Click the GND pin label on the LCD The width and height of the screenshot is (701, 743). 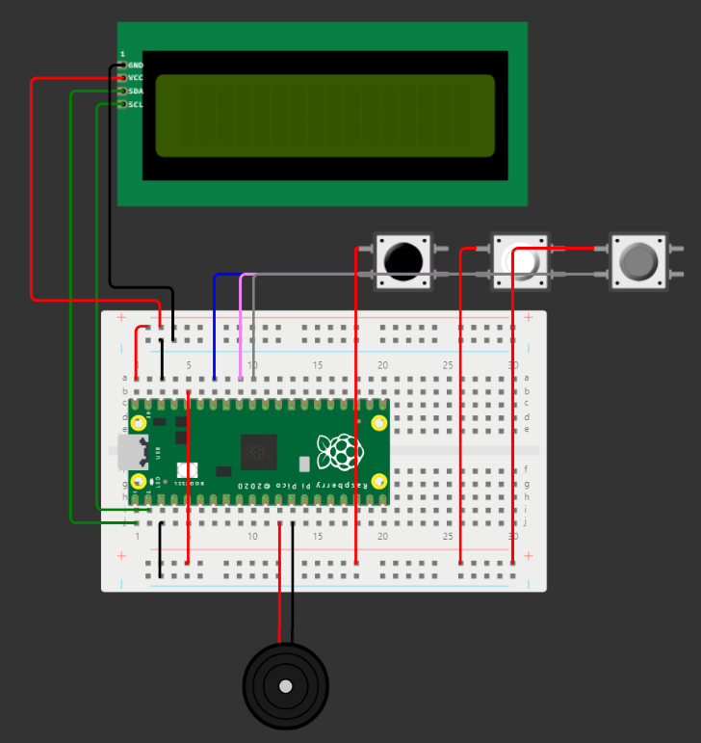(136, 65)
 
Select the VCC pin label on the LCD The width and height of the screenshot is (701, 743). (136, 78)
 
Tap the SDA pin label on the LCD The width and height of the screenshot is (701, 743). (136, 92)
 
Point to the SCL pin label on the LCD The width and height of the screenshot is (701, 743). (136, 104)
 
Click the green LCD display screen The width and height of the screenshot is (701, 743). (325, 116)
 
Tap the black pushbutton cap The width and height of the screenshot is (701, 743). (402, 259)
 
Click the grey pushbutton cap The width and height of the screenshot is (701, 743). (637, 259)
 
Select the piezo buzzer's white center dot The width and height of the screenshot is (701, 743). (285, 686)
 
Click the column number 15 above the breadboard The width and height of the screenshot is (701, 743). (318, 365)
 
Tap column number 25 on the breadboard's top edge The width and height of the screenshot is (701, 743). (448, 365)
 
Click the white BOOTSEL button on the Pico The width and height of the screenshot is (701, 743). (187, 470)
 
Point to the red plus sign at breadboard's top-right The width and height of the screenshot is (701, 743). (528, 317)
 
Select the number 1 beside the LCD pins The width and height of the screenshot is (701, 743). (122, 54)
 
